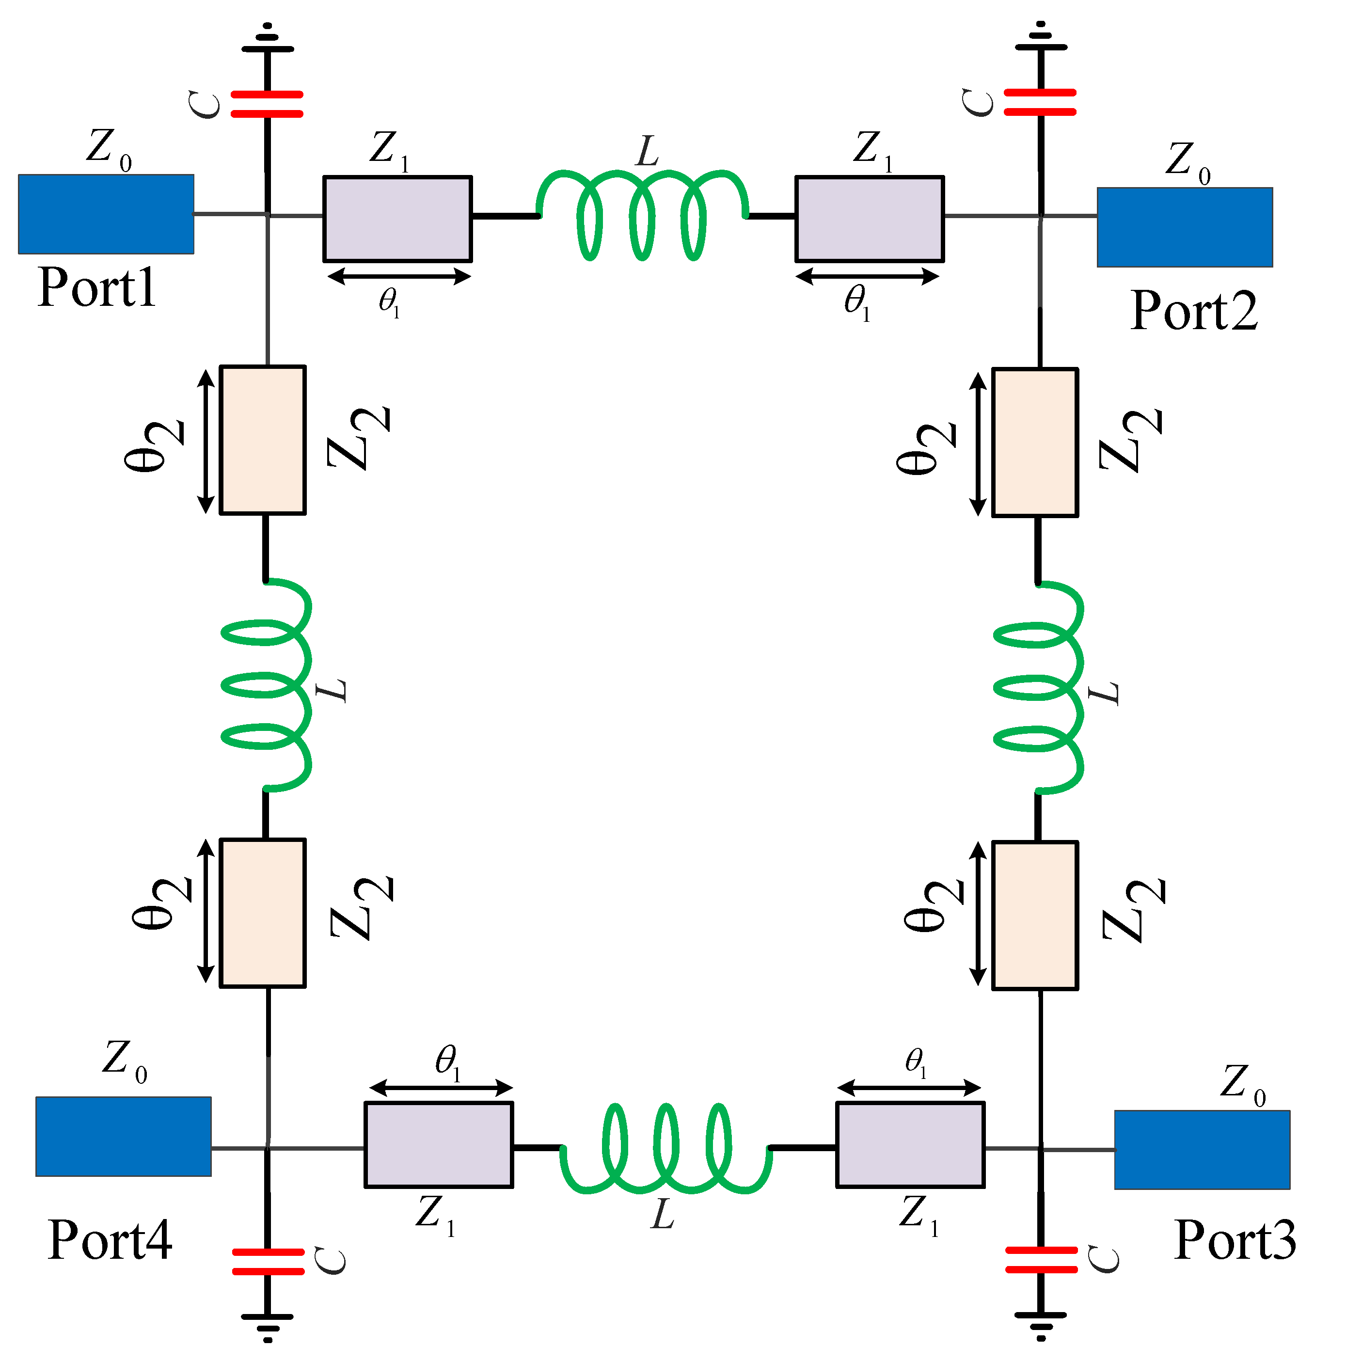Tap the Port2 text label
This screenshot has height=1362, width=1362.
click(x=1193, y=310)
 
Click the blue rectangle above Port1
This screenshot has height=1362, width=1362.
click(x=106, y=214)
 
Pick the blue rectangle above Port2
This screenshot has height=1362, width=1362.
click(x=1184, y=227)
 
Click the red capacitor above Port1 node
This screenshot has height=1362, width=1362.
click(x=267, y=104)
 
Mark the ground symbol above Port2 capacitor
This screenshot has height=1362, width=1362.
click(x=1041, y=39)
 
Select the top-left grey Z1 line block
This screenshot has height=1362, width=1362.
click(x=397, y=219)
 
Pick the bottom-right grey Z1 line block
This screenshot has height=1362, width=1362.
click(x=910, y=1145)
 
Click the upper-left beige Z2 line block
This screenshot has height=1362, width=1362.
click(x=262, y=440)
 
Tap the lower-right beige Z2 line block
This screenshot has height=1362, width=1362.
click(x=1035, y=915)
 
